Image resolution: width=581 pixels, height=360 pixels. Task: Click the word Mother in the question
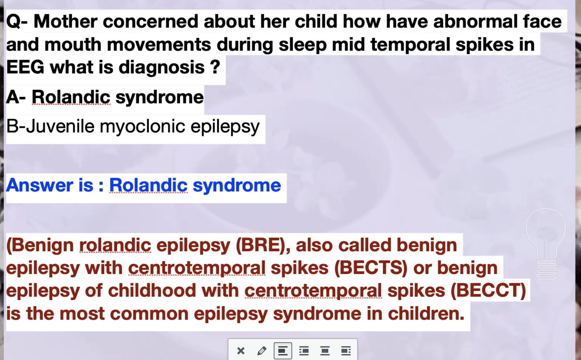point(65,21)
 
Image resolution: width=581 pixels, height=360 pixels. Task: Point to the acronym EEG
point(25,67)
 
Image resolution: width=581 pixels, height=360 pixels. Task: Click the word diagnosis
point(161,68)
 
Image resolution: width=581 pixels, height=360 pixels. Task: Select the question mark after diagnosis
point(215,67)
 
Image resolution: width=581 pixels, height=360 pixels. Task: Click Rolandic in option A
point(71,97)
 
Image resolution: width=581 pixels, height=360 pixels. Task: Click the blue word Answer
point(40,185)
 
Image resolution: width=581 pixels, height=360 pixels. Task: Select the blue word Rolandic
point(149,185)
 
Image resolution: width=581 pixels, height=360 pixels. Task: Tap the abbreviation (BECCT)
point(488,291)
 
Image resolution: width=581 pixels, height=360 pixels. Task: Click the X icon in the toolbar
point(241,351)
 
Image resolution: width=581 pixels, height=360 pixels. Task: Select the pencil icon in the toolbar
point(262,351)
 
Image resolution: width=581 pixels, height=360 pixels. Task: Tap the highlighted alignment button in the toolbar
point(283,351)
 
